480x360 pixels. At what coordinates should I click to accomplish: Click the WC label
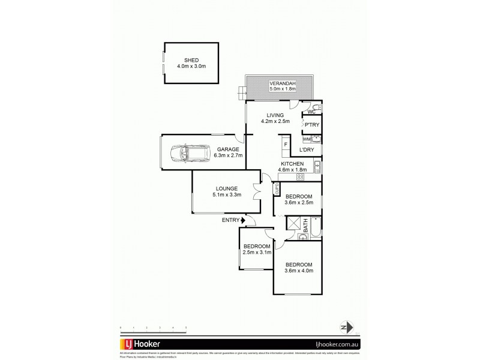(x=311, y=112)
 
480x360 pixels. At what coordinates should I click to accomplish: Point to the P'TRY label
(x=311, y=125)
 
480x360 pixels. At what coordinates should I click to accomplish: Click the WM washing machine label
(x=307, y=139)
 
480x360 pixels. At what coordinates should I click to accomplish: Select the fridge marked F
(x=286, y=145)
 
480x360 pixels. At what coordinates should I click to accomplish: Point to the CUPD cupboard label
(x=277, y=189)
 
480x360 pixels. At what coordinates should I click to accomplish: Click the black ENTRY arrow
(x=243, y=220)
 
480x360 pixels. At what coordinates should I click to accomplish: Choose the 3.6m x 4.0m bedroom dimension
(x=298, y=271)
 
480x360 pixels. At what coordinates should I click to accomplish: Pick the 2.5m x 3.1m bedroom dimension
(x=256, y=252)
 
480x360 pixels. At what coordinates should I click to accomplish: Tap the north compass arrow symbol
(x=344, y=328)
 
